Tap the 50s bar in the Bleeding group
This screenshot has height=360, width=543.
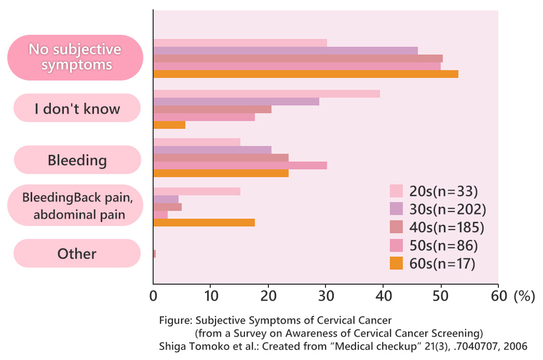[x=240, y=165]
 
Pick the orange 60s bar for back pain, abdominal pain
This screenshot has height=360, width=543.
[x=204, y=223]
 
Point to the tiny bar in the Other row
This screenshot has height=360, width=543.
[x=154, y=254]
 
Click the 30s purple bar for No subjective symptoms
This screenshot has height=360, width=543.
[x=286, y=50]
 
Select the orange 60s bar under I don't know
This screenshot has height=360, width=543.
[x=169, y=125]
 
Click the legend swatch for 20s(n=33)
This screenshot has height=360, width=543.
[x=396, y=191]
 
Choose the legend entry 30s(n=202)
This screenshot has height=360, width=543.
[x=445, y=209]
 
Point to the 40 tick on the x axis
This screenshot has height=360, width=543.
[x=384, y=297]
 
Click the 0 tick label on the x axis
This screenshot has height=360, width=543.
[x=153, y=297]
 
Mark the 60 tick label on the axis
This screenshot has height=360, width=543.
[x=498, y=297]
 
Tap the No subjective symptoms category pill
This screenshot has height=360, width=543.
[x=75, y=57]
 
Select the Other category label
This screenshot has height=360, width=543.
[x=77, y=254]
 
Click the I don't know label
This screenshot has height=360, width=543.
[x=77, y=109]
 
